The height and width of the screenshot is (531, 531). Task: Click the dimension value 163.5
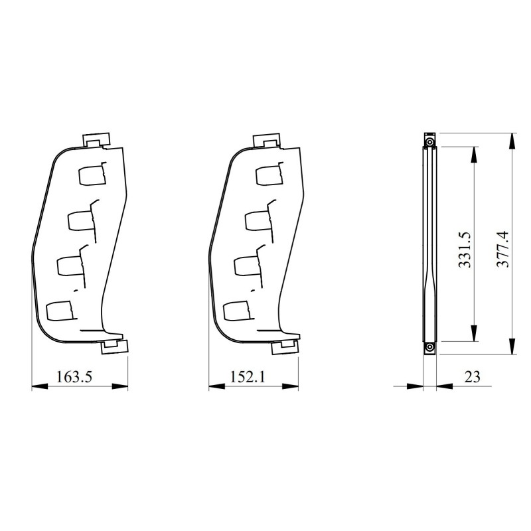click(x=73, y=376)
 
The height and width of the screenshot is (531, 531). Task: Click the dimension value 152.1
click(x=249, y=376)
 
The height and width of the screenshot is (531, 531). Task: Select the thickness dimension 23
click(x=472, y=376)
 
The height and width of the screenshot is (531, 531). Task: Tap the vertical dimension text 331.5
click(x=464, y=250)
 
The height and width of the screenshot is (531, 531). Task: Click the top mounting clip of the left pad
click(x=96, y=140)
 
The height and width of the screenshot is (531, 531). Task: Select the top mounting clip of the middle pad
click(x=268, y=140)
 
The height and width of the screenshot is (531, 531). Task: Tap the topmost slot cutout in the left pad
click(x=91, y=175)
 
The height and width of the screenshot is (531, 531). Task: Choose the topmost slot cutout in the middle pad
click(x=269, y=175)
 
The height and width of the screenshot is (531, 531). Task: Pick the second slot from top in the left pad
click(x=79, y=220)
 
